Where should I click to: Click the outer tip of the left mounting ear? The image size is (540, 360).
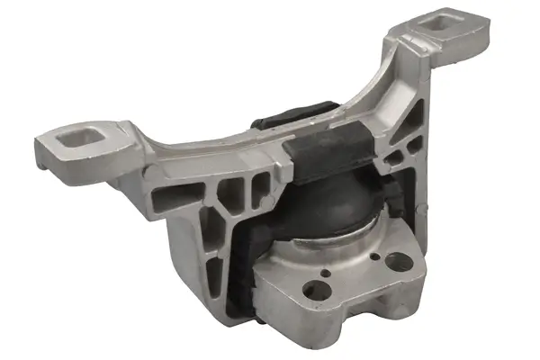coord(43,144)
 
